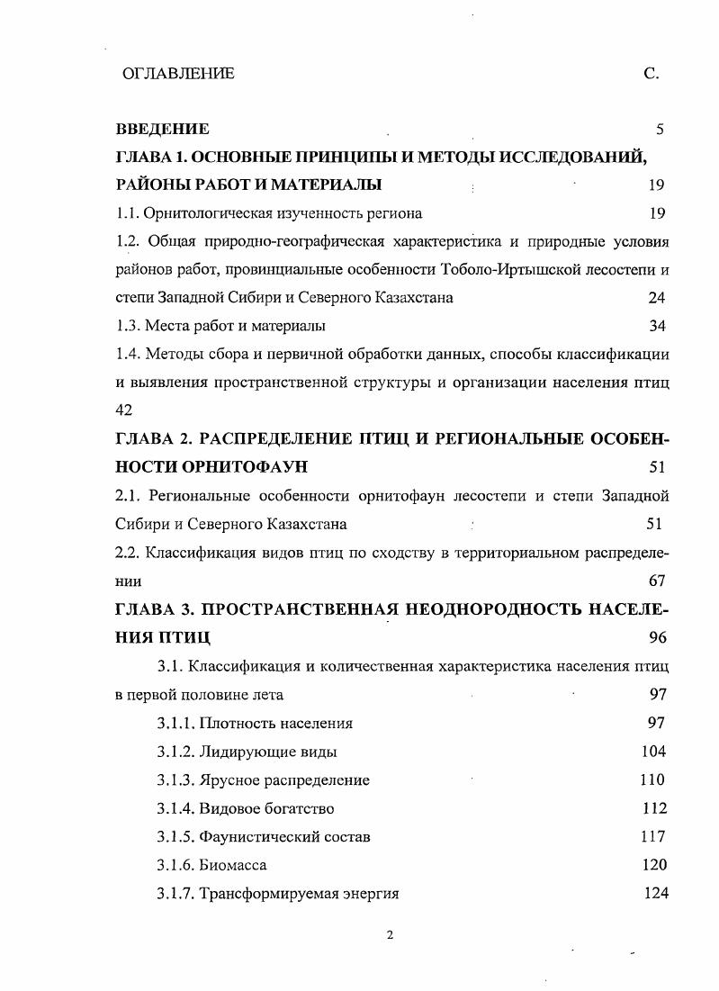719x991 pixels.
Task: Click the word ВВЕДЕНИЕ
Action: pos(163,130)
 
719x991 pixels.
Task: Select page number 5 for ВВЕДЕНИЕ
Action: pos(660,130)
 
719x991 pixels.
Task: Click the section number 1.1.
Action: pos(128,213)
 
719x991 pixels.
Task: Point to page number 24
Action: pos(656,297)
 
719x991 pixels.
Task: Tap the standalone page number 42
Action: pos(124,410)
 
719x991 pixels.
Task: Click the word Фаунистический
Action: pos(257,837)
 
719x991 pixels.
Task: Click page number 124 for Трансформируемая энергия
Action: pos(656,894)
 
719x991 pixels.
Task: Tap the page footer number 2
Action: pos(390,934)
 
